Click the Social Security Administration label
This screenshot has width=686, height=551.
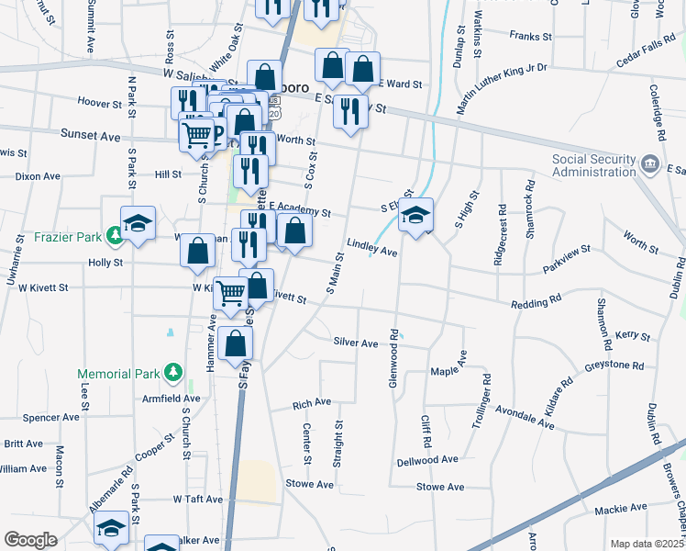(x=592, y=165)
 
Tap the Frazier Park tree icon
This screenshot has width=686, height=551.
(x=115, y=237)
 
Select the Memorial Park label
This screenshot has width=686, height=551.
(x=119, y=374)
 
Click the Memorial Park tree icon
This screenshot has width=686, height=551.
(x=171, y=372)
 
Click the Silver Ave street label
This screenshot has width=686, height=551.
(x=356, y=343)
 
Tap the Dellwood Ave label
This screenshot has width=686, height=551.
(x=426, y=459)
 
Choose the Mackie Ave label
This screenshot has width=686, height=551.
(x=620, y=508)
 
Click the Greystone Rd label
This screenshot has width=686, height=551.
(x=614, y=365)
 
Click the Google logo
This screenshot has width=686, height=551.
(x=30, y=540)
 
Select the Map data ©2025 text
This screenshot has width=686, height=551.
(x=647, y=544)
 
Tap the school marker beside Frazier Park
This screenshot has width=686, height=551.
(x=138, y=224)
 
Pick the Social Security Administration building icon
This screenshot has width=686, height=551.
(x=650, y=165)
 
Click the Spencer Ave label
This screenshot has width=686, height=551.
(x=51, y=417)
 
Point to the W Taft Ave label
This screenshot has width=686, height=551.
(x=198, y=500)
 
